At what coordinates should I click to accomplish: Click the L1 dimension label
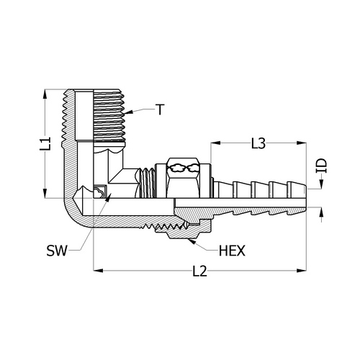click(45, 144)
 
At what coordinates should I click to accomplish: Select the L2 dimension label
click(200, 271)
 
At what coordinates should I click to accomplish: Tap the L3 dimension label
click(258, 143)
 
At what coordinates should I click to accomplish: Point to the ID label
click(321, 166)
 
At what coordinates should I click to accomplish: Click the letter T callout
click(160, 109)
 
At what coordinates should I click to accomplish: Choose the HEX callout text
click(232, 251)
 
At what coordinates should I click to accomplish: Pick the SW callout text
click(57, 251)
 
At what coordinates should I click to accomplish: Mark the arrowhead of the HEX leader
click(191, 241)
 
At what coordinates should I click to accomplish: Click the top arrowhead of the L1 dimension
click(45, 94)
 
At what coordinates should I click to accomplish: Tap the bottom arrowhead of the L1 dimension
click(45, 193)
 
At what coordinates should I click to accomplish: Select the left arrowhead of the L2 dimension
click(98, 271)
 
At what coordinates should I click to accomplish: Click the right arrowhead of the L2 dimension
click(302, 271)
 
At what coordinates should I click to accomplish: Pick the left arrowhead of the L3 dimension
click(215, 143)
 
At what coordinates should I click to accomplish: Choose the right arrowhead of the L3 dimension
click(302, 143)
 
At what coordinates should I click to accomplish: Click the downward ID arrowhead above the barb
click(321, 184)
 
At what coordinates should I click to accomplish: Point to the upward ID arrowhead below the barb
click(321, 212)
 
